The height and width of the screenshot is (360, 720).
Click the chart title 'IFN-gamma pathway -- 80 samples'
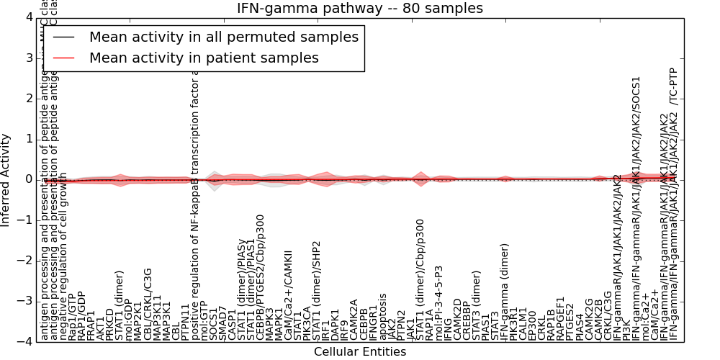pos(360,8)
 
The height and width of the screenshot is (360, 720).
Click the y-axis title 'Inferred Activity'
pos(6,179)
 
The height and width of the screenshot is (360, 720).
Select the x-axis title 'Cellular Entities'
pos(360,352)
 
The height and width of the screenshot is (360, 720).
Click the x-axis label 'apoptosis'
pos(383,317)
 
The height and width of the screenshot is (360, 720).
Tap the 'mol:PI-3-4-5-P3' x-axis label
pos(439,303)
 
